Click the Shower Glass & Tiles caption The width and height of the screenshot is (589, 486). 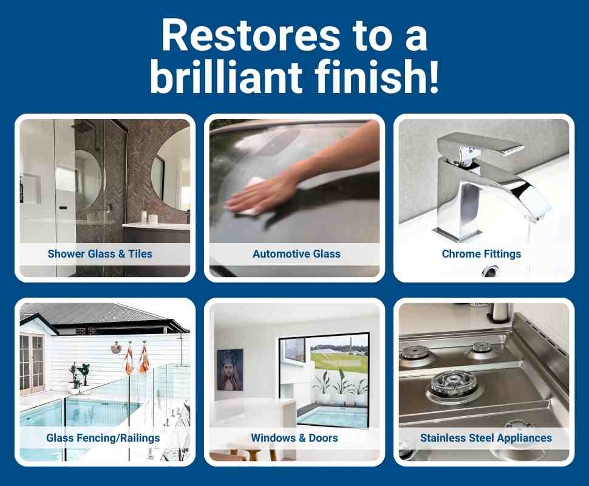pyautogui.click(x=100, y=253)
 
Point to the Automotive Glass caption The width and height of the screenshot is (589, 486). pyautogui.click(x=296, y=253)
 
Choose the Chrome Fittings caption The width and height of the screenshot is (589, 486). pyautogui.click(x=482, y=253)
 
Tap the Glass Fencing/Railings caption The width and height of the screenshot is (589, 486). pyautogui.click(x=103, y=437)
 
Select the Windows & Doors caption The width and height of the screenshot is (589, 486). pyautogui.click(x=294, y=437)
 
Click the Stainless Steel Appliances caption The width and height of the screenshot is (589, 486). pyautogui.click(x=486, y=437)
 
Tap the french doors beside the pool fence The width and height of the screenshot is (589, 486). pyautogui.click(x=32, y=364)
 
